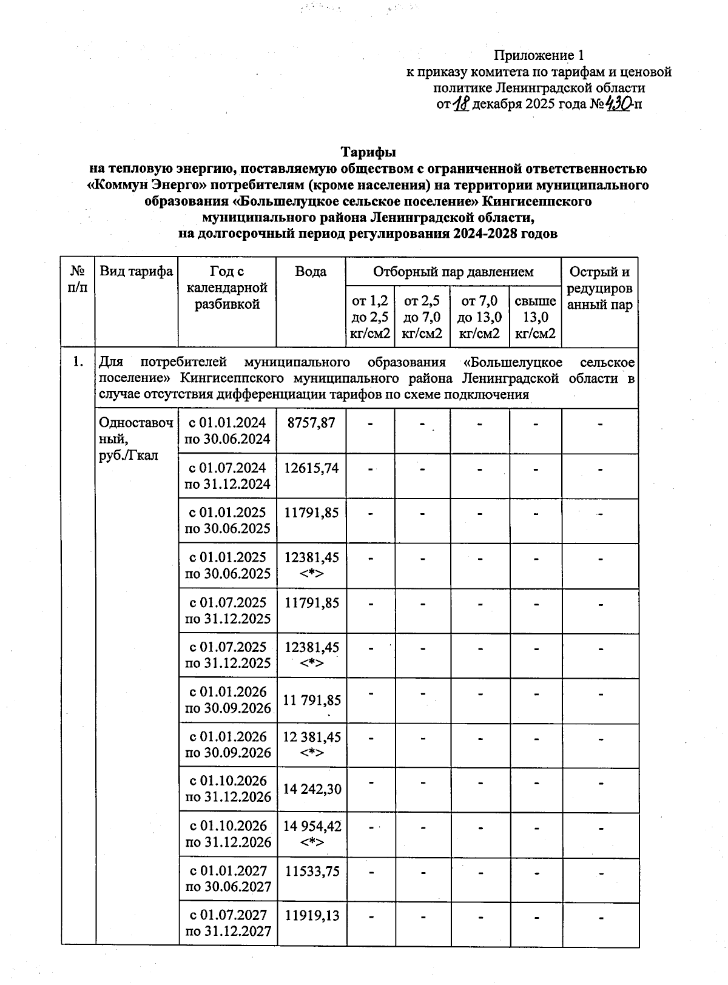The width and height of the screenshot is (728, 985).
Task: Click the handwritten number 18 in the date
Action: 462,104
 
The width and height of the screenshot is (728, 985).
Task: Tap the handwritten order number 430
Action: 619,104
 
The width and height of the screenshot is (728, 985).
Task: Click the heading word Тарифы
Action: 368,151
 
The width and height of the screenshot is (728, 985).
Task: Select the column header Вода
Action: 311,272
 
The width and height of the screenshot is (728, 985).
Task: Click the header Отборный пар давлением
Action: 453,272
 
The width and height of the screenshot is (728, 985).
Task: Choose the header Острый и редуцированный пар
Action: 599,288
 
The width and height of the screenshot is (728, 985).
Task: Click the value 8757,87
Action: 311,423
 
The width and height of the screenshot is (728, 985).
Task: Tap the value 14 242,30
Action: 312,789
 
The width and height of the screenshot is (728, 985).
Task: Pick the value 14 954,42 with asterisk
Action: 312,834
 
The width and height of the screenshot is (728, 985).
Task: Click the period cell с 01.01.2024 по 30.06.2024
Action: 227,431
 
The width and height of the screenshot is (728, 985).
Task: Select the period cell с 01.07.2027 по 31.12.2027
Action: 227,923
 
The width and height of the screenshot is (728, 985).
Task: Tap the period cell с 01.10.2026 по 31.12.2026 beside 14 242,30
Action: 227,789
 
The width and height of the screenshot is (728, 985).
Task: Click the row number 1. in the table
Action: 77,363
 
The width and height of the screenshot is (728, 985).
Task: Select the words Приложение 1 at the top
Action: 539,56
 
